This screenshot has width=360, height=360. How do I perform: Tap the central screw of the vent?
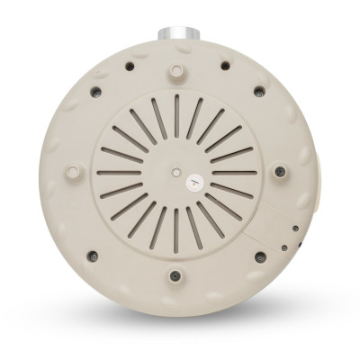click(x=174, y=167)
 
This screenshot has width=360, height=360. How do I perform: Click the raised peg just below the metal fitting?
click(x=174, y=69)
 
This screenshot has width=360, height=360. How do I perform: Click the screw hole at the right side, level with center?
click(x=281, y=170)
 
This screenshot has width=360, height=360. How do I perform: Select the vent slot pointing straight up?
click(x=176, y=110)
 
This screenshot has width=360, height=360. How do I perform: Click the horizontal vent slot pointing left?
click(x=118, y=170)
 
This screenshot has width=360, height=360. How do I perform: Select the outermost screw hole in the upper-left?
click(x=93, y=91)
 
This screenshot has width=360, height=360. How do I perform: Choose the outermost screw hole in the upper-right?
click(x=259, y=90)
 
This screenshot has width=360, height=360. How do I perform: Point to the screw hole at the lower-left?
click(x=92, y=256)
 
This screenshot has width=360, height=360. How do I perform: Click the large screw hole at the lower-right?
click(x=261, y=256)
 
